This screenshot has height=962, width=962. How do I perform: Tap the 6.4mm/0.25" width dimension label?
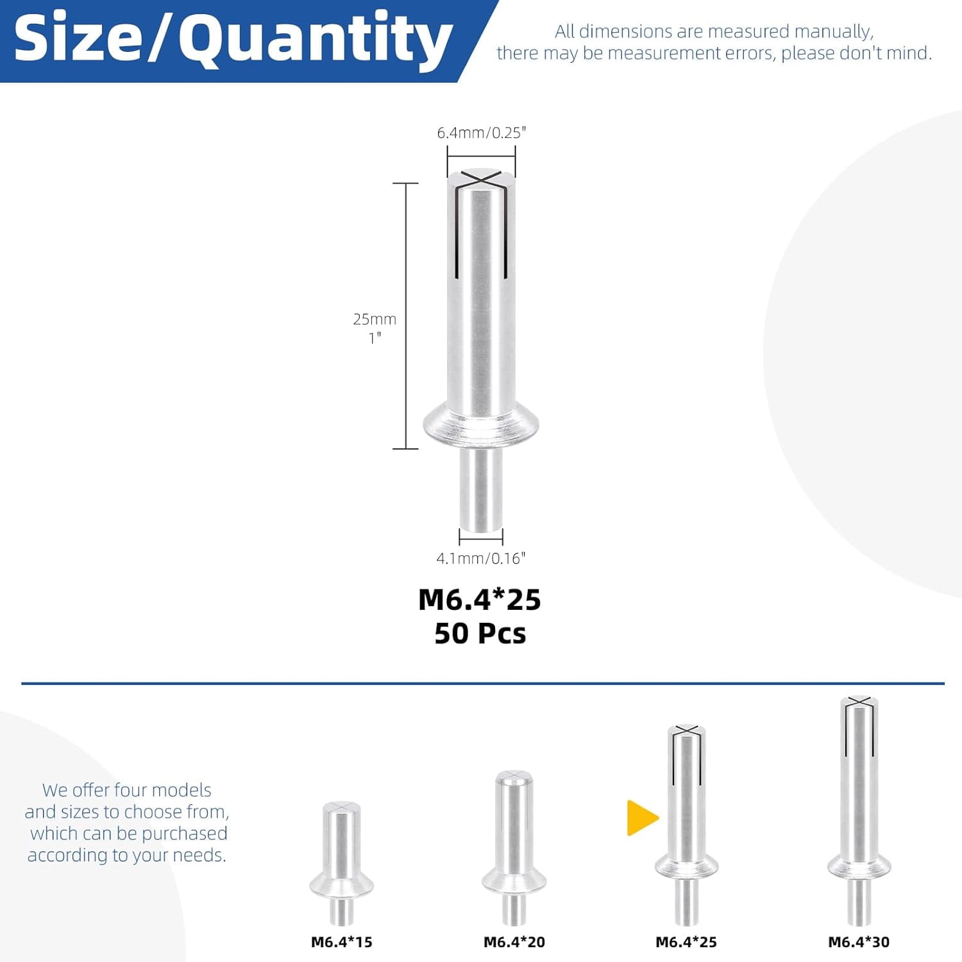481,133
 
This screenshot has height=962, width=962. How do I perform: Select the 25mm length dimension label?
375,319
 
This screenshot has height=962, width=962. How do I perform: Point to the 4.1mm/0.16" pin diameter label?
481,559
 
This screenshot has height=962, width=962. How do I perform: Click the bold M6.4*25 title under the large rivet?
480,600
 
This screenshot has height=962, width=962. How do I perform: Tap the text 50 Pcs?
480,634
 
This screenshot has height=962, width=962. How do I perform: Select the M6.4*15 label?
342,942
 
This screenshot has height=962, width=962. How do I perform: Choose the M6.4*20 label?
514,942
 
